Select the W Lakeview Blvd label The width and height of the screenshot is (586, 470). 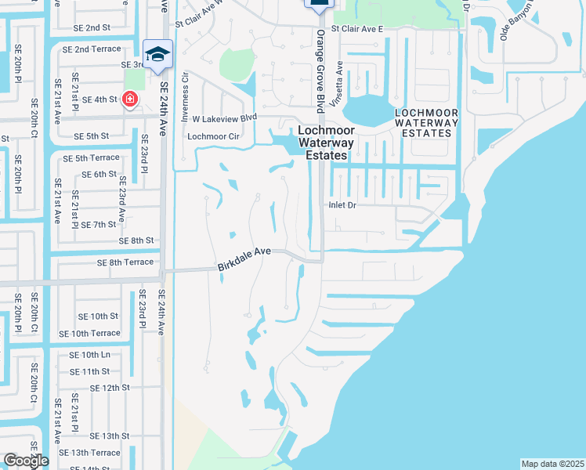coord(225,118)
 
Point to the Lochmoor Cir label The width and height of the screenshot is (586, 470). coord(214,136)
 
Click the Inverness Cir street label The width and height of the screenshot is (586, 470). coord(186,87)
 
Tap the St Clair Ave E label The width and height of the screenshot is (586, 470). coord(356,28)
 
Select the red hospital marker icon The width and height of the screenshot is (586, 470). coord(129,100)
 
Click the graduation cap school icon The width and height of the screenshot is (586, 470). coord(158,53)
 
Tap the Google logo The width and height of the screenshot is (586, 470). coord(26,461)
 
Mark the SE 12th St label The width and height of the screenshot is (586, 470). coord(110,388)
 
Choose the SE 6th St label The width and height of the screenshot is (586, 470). coord(99,174)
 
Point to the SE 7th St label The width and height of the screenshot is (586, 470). coord(99,225)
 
